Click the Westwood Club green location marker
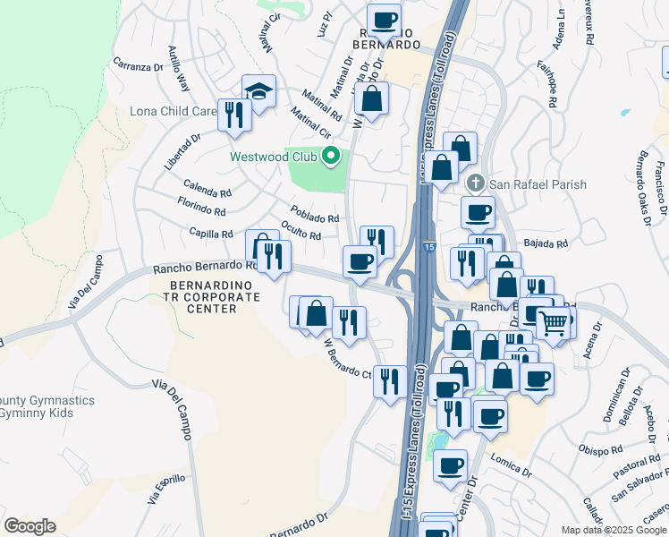point(331,157)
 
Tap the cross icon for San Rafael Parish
point(476,184)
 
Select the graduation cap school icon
point(258,91)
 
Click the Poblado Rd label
point(314,217)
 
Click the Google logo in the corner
point(30,526)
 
